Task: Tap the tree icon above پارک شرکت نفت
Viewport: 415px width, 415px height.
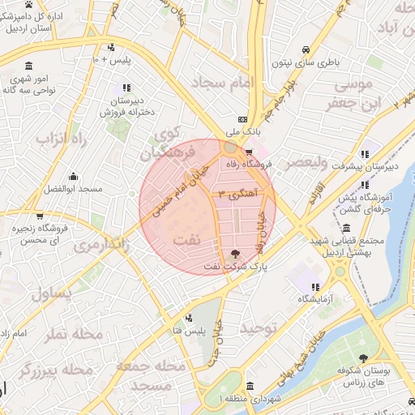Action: point(236,254)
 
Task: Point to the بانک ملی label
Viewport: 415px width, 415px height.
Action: point(243,131)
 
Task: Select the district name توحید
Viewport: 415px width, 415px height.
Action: point(259,327)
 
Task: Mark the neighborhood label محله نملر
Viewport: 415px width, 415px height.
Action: point(72,334)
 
